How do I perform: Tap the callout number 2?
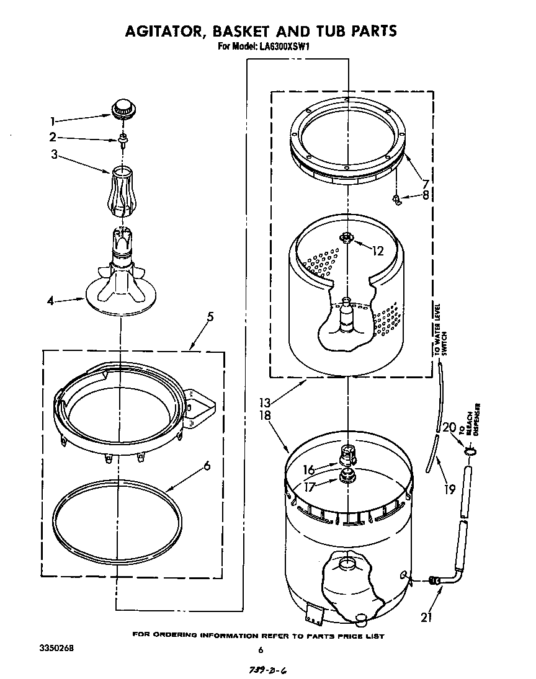pos(53,137)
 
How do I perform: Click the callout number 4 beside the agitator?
pos(51,301)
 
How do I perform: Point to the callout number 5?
pos(211,317)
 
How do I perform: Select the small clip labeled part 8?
pos(393,198)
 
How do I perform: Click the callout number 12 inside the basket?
pos(378,251)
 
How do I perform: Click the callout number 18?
pos(266,416)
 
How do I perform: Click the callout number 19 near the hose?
pos(449,489)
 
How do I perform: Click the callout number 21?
pos(426,616)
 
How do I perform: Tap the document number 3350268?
pos(56,648)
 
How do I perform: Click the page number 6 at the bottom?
pos(261,650)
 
